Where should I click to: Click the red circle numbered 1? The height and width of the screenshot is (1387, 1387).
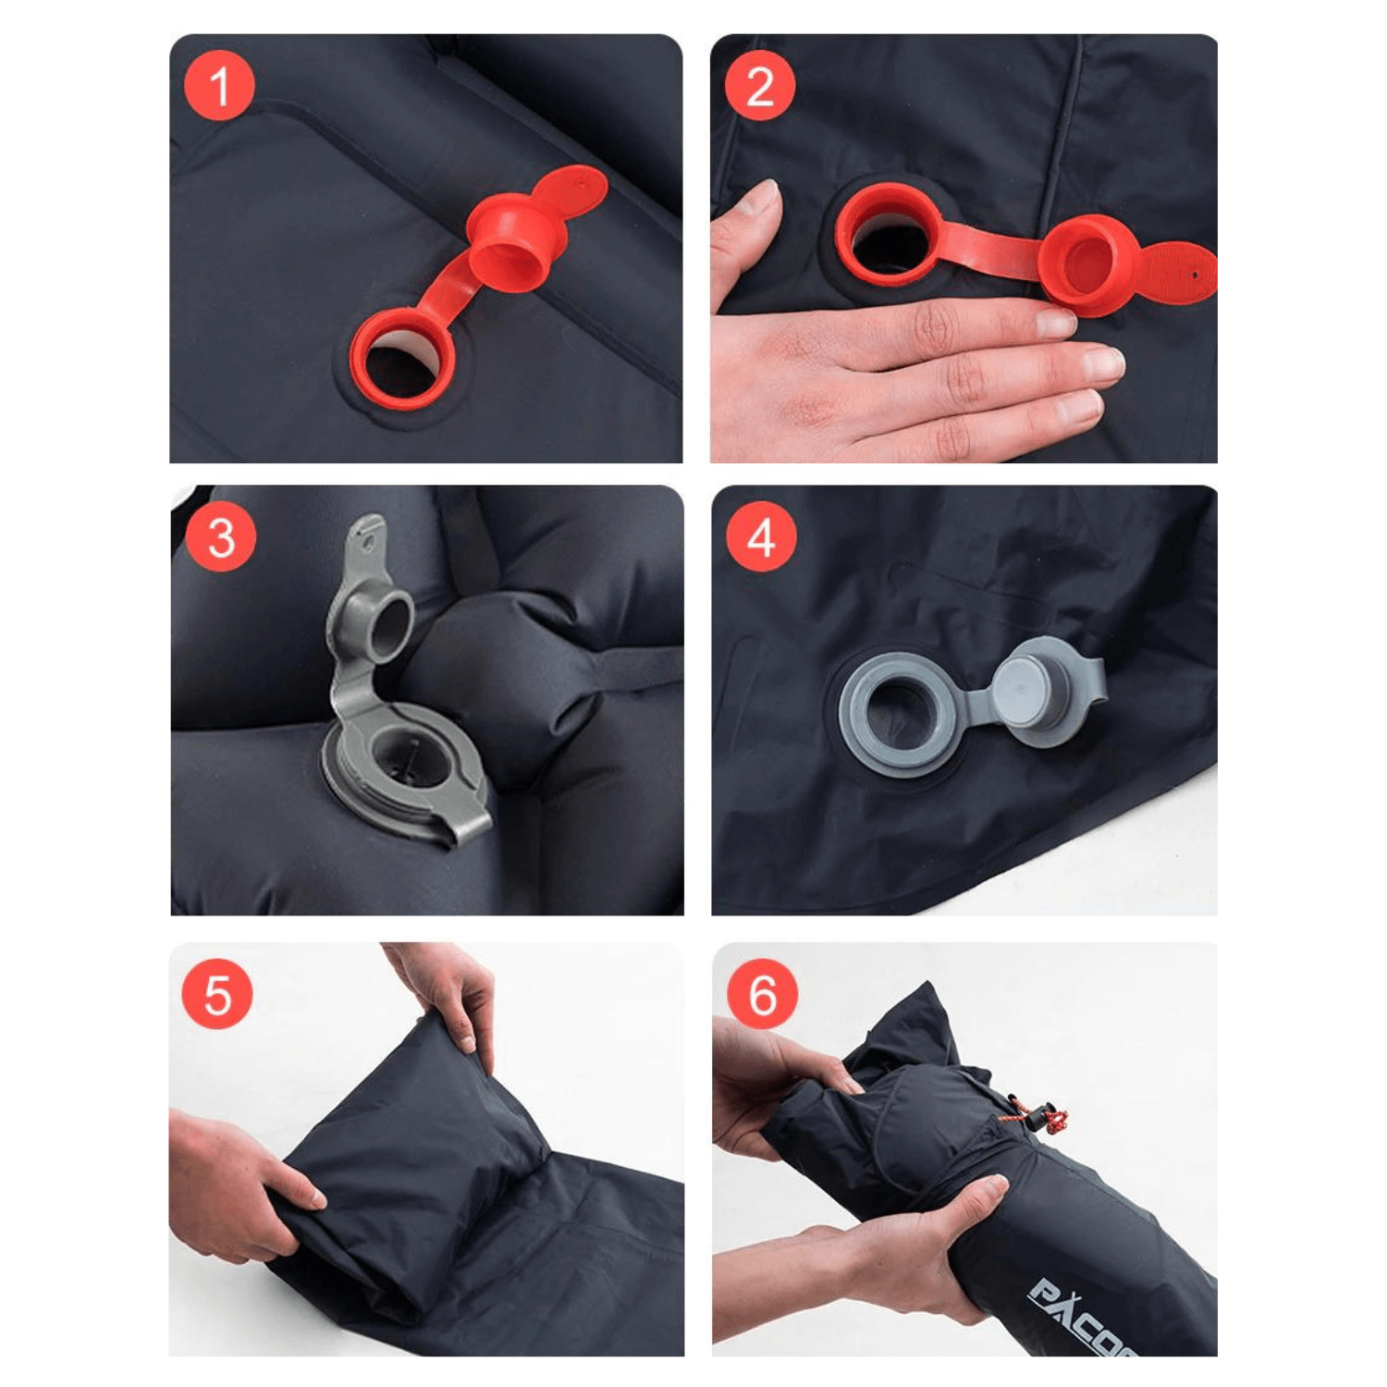click(220, 86)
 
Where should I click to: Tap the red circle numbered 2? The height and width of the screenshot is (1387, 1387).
click(759, 86)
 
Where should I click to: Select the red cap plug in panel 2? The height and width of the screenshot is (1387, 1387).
click(1087, 266)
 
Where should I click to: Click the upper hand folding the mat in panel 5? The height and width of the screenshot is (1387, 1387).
click(446, 994)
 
